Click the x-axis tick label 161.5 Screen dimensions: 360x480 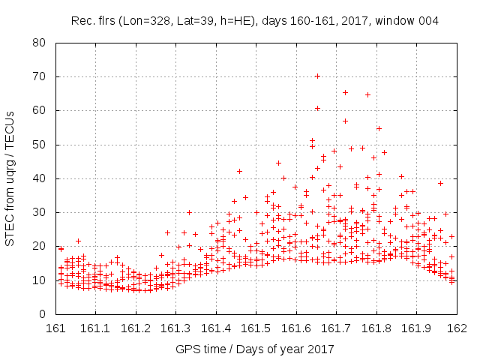click(256, 328)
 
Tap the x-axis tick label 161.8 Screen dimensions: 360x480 click(376, 328)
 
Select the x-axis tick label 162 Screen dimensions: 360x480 click(456, 328)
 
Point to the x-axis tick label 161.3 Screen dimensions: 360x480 click(176, 328)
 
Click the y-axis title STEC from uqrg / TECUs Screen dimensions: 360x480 click(10, 178)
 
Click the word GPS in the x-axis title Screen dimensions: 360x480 click(187, 349)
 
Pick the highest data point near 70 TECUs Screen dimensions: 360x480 click(317, 76)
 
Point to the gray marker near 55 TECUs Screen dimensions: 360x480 click(379, 128)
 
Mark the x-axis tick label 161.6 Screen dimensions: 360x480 click(296, 328)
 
